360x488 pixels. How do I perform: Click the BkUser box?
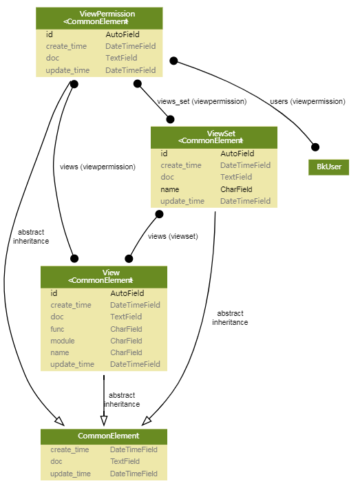point(328,167)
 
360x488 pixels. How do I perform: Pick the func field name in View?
point(57,329)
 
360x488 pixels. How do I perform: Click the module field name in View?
point(63,341)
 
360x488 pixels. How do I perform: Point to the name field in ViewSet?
point(170,189)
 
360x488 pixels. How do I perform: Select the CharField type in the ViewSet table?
point(236,189)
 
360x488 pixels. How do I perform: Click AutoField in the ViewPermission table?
point(123,34)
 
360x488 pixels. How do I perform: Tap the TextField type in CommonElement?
point(125,461)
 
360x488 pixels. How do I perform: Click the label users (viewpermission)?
point(308,101)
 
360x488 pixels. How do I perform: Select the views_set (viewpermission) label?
point(202,101)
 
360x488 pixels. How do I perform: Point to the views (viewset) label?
point(173,236)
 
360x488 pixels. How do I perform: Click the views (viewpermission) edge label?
point(97,167)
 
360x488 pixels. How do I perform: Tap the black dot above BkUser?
point(315,147)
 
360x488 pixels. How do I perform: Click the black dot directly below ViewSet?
point(159,214)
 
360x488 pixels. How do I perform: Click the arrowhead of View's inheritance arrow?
point(104,421)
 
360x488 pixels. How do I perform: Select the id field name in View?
point(54,293)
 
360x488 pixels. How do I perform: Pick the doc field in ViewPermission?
point(52,58)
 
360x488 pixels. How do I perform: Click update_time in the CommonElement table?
point(70,474)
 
